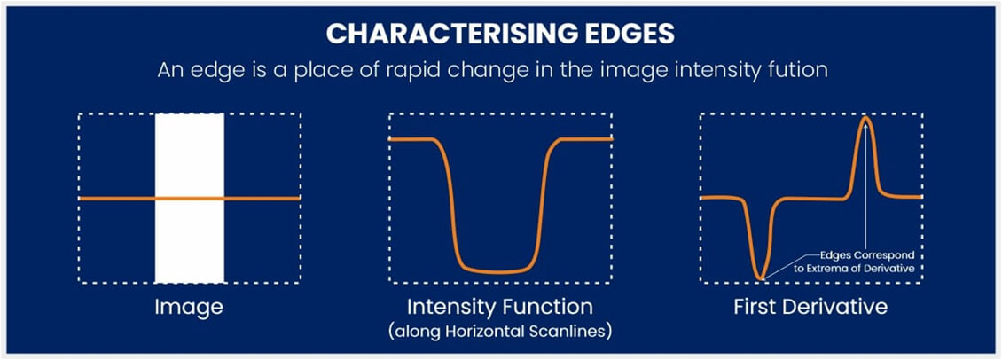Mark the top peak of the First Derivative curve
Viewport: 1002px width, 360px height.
pos(865,121)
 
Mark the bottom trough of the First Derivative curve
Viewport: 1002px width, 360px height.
pos(759,278)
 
